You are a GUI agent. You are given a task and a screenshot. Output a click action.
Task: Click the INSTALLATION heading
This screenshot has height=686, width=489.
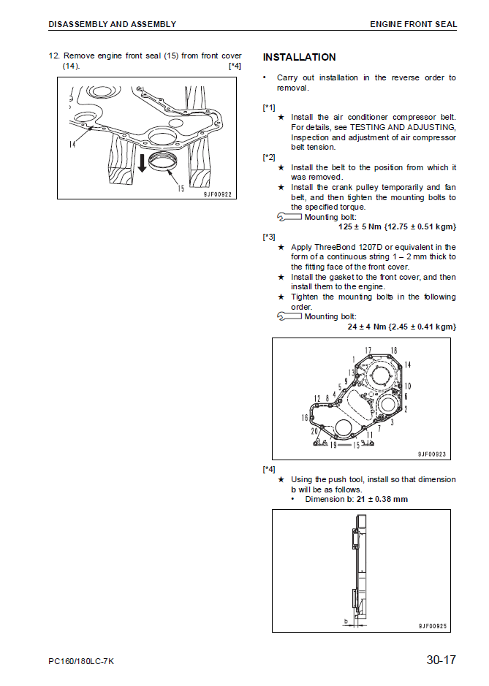(299, 57)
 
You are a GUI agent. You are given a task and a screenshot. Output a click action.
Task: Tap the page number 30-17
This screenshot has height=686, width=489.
(441, 660)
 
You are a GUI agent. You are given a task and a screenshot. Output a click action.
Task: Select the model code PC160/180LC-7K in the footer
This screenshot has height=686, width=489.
(81, 662)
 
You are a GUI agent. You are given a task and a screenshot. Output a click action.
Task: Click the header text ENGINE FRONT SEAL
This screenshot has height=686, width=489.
(413, 24)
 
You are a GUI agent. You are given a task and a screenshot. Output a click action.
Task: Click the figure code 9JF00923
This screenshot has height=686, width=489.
(432, 454)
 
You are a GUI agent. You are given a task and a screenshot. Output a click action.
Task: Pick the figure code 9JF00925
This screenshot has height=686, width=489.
(433, 625)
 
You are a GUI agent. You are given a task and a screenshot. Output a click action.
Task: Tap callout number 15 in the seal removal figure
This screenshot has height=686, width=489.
(180, 188)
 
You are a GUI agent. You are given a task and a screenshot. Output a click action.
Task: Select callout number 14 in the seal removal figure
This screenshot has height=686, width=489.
(72, 144)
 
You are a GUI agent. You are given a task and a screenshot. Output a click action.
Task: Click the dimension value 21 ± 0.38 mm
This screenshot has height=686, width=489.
(382, 499)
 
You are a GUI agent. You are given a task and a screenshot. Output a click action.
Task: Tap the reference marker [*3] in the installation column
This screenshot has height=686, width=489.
(269, 237)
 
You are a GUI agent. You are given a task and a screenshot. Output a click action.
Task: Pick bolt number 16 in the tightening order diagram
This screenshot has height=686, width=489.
(305, 418)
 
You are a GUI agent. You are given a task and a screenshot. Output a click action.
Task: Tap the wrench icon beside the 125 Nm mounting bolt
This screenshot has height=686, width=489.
(290, 217)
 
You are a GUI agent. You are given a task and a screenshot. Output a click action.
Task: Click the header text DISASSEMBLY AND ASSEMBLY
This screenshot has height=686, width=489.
(112, 24)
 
